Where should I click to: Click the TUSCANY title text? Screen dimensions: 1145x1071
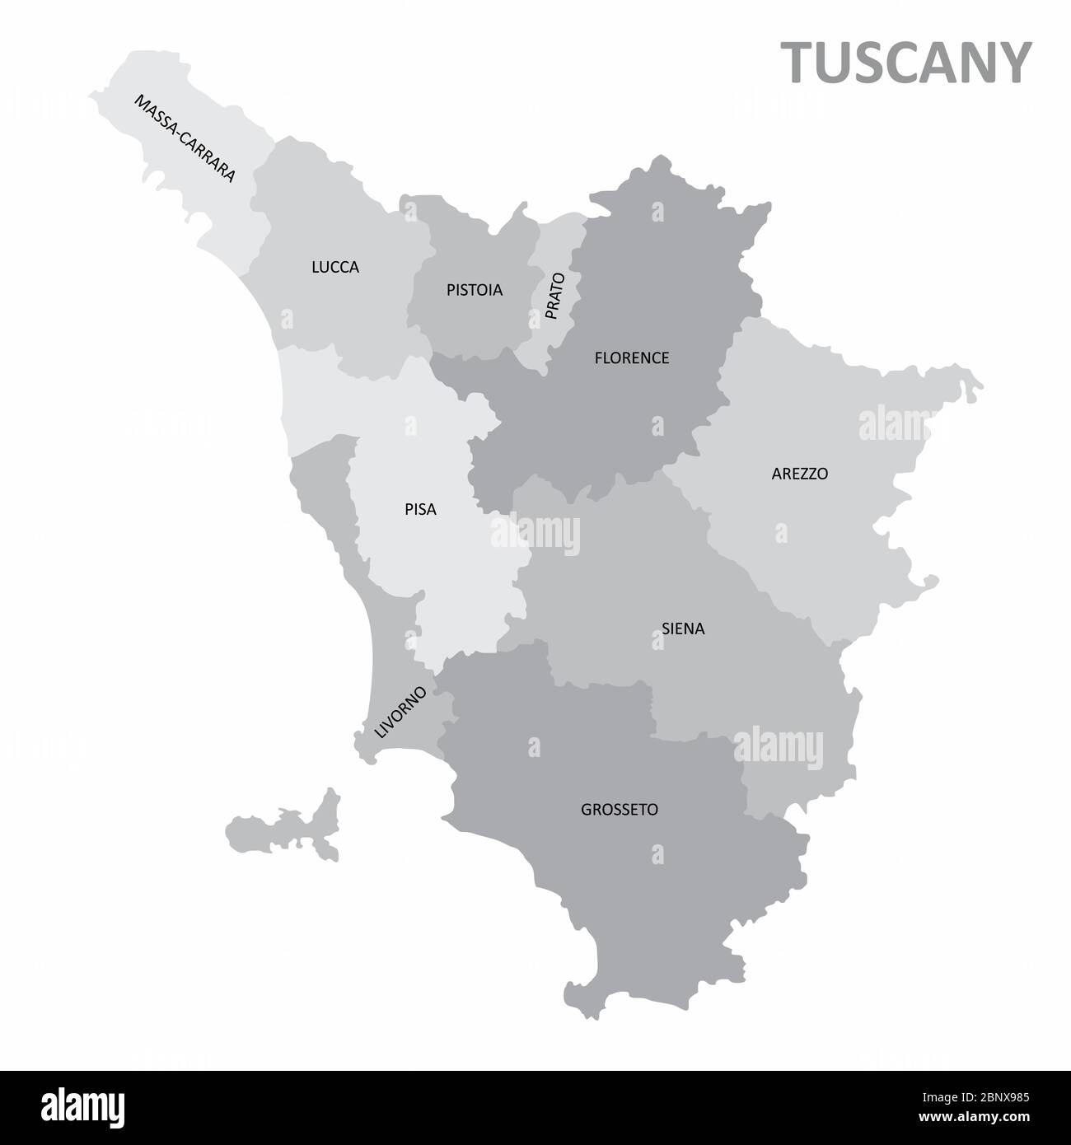906,63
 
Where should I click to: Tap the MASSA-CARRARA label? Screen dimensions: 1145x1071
185,138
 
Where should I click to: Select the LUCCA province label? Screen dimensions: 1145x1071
335,267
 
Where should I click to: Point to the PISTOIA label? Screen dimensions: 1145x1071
474,290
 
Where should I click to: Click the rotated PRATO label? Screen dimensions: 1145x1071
554,296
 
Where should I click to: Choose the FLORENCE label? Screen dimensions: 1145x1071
631,358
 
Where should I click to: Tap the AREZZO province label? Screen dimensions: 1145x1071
799,474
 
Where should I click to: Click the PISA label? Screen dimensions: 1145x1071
420,510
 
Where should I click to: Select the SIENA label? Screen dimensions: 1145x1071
683,629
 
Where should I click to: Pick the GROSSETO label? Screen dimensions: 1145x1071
620,810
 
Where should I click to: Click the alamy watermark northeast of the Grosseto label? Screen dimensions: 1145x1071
778,746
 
